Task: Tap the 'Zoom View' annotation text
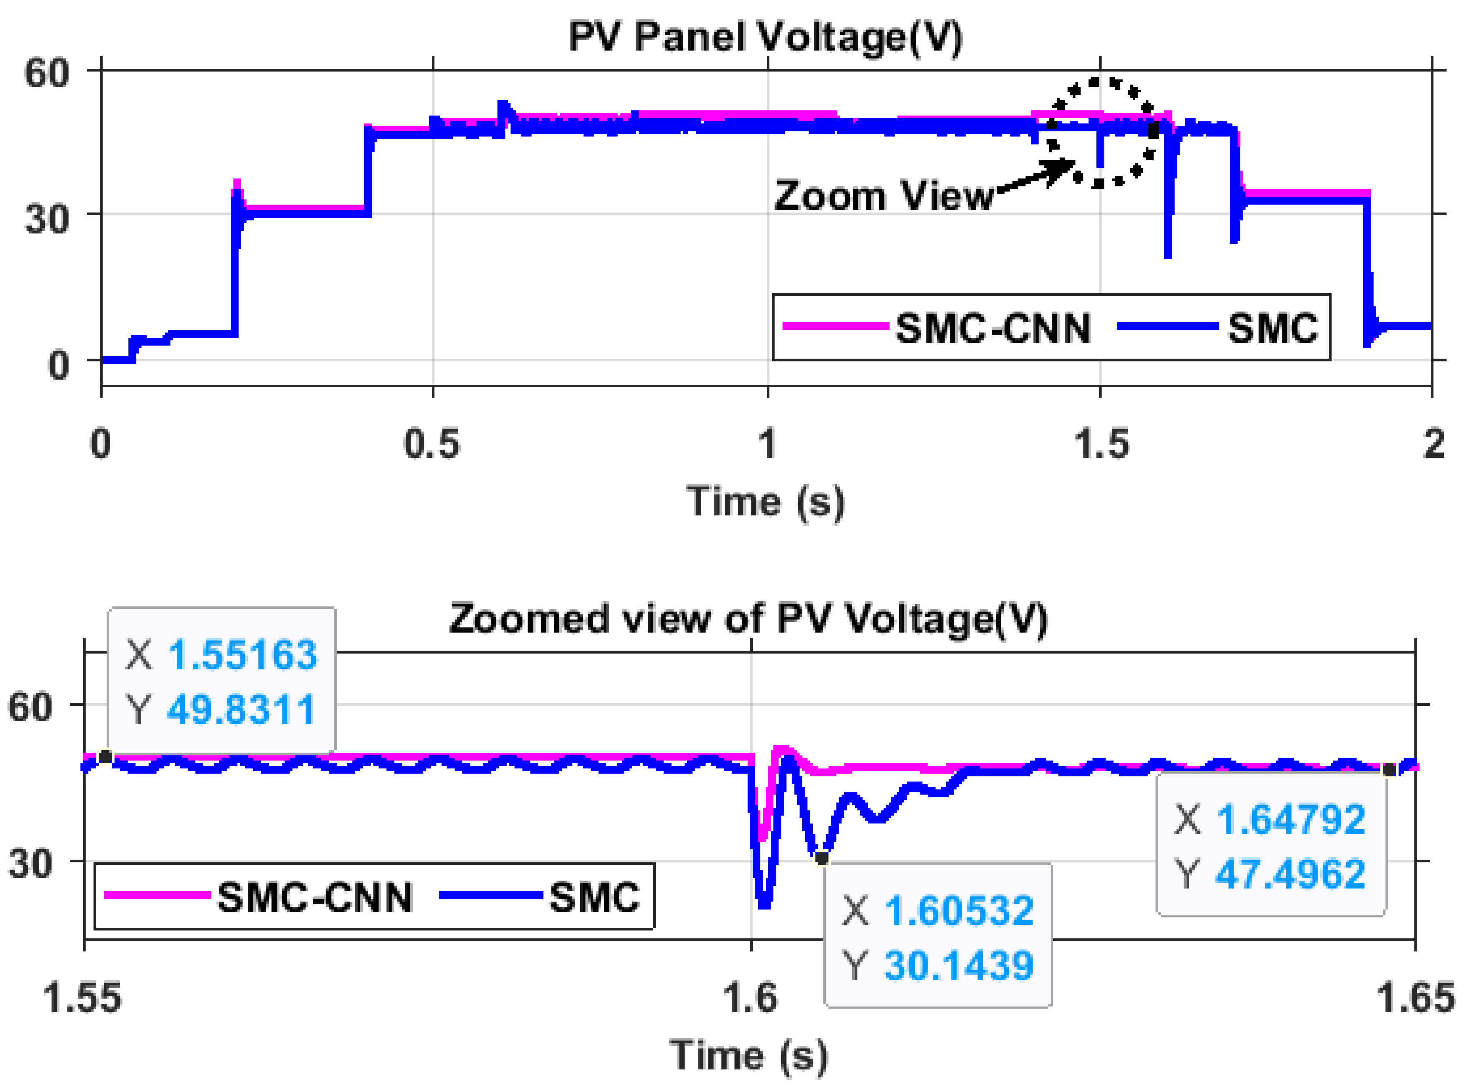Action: (883, 196)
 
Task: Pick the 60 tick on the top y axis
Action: (46, 72)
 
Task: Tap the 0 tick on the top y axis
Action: (58, 364)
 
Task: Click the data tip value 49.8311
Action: (241, 710)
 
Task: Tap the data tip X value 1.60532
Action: (958, 911)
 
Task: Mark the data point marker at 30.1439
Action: (821, 858)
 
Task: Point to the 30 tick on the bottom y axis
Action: (30, 863)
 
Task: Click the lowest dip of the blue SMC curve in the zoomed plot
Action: (764, 904)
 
